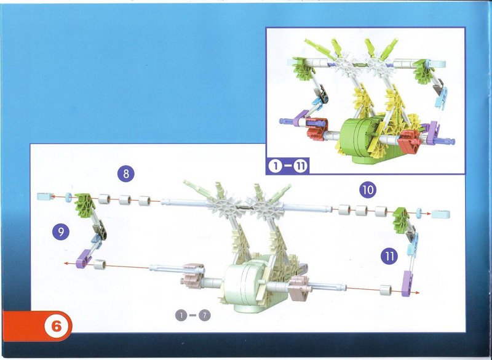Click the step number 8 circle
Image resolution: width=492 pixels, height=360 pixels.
126,174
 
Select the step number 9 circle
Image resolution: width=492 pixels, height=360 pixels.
61,231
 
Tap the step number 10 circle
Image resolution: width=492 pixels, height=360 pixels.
368,190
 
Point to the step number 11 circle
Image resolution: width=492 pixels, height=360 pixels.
389,256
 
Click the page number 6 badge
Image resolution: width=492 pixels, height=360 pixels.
57,326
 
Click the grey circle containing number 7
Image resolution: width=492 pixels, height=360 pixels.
204,315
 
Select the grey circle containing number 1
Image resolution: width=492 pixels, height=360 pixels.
181,315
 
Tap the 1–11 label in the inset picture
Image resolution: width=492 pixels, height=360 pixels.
287,166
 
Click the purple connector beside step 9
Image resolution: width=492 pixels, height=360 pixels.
83,259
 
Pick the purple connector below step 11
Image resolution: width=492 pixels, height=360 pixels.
407,284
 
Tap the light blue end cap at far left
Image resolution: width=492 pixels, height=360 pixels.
45,197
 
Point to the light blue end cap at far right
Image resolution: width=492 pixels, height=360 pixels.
440,214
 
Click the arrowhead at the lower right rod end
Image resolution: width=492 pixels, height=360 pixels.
417,292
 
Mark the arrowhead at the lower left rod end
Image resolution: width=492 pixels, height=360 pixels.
66,263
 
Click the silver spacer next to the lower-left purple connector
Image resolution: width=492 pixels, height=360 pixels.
100,265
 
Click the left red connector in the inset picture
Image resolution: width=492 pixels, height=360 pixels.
317,129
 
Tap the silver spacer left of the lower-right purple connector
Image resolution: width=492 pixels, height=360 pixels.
386,290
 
